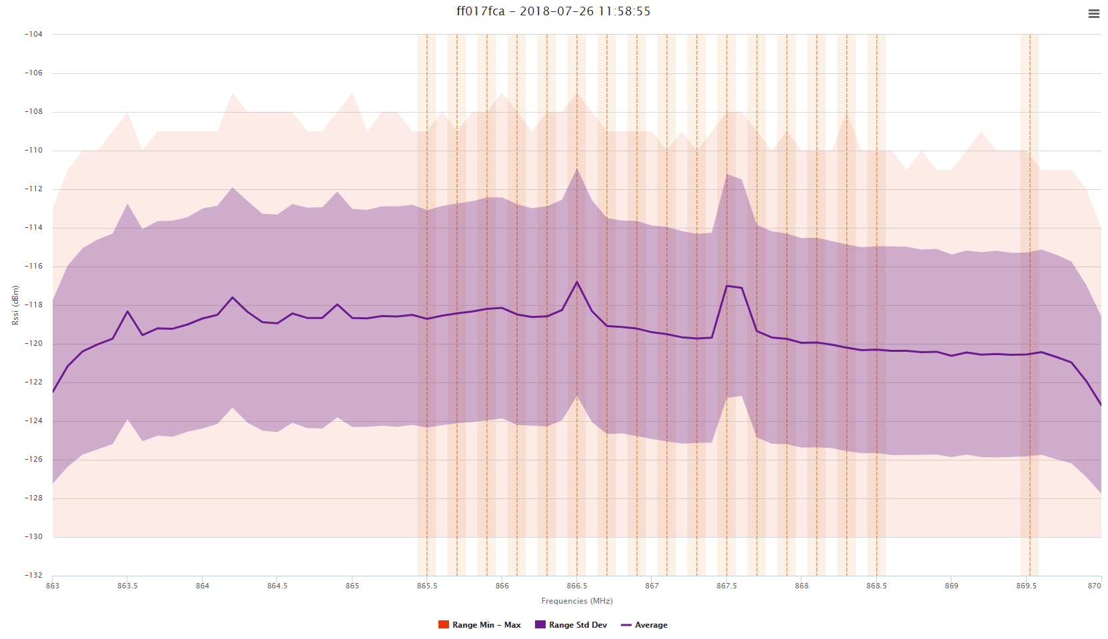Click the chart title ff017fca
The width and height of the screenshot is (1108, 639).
click(553, 11)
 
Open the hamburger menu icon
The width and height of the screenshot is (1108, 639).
click(1093, 13)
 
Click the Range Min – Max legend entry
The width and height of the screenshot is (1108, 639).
click(479, 625)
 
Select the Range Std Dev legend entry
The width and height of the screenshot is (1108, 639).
click(571, 625)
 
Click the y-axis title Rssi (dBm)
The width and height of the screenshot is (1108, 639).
click(15, 305)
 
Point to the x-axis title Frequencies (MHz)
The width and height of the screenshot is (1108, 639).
click(577, 601)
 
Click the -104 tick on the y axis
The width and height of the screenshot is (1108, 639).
click(33, 34)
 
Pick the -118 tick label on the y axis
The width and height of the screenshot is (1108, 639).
click(33, 305)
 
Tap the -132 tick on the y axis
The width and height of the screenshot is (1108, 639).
click(33, 575)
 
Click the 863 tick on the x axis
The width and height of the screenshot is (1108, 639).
click(52, 586)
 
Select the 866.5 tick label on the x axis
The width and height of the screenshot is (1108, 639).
click(577, 586)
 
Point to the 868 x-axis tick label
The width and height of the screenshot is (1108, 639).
click(802, 586)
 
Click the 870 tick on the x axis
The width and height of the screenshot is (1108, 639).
click(1094, 586)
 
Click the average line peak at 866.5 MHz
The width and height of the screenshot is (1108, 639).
click(577, 282)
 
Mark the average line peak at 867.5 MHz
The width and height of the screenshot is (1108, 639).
click(727, 286)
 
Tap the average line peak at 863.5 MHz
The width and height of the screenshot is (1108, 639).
click(127, 311)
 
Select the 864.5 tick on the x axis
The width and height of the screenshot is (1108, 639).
click(277, 586)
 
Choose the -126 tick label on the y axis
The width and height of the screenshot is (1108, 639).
click(33, 459)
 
